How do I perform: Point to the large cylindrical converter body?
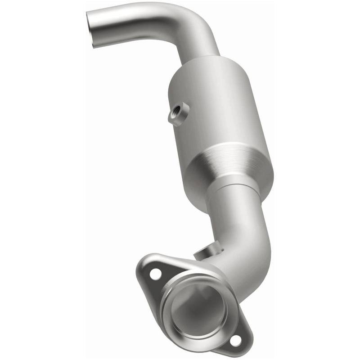click(x=220, y=112)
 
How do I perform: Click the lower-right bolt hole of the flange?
click(x=234, y=341)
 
